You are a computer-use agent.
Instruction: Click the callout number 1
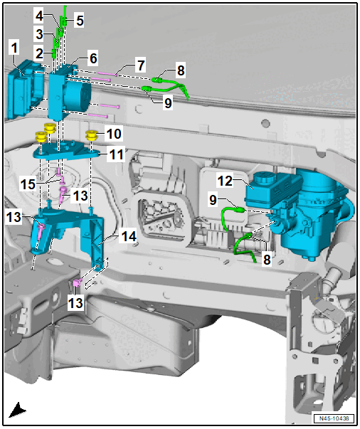(14, 48)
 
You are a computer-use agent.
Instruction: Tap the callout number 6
(93, 58)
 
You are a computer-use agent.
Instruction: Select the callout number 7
(141, 65)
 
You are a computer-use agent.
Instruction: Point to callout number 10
(114, 134)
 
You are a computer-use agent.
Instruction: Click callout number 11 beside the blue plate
(116, 154)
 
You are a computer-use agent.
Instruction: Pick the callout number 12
(225, 181)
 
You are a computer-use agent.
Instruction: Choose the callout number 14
(129, 236)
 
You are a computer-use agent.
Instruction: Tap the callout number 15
(28, 184)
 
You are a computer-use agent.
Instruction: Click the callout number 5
(80, 21)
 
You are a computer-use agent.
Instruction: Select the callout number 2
(39, 53)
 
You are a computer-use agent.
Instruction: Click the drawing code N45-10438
(334, 418)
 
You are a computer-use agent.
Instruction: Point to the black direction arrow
(17, 410)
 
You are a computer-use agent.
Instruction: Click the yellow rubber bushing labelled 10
(92, 136)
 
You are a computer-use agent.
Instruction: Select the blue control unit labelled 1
(24, 90)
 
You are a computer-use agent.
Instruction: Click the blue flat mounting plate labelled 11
(65, 151)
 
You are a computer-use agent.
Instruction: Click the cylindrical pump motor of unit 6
(78, 95)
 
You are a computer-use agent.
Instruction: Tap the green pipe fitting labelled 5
(63, 21)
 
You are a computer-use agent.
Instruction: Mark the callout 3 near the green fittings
(39, 34)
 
